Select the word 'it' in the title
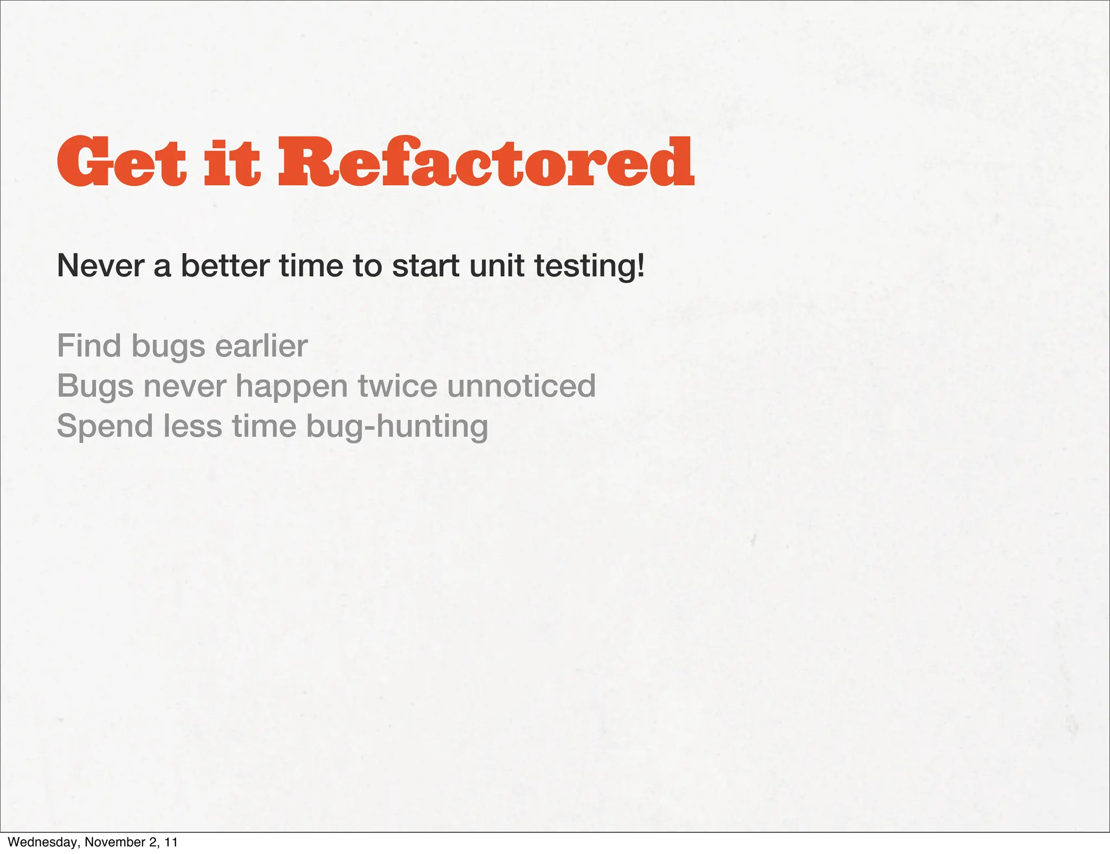pyautogui.click(x=232, y=163)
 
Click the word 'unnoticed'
pyautogui.click(x=521, y=386)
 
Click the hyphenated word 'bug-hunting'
pyautogui.click(x=397, y=427)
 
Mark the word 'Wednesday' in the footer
pyautogui.click(x=43, y=842)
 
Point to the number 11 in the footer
pyautogui.click(x=171, y=842)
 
